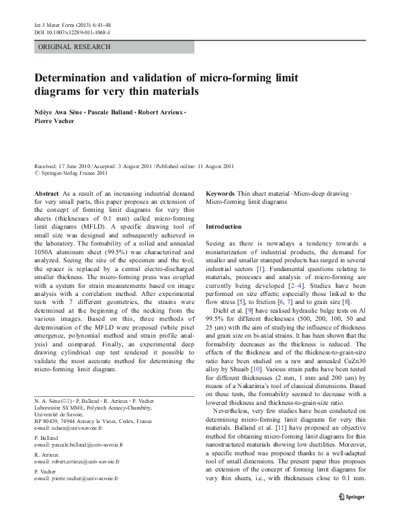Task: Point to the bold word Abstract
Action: point(46,193)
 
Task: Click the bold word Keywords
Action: point(221,193)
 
